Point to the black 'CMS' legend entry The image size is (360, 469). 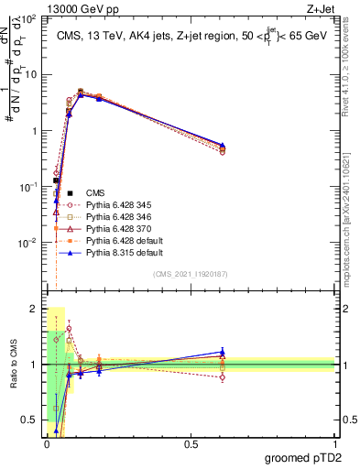pos(95,192)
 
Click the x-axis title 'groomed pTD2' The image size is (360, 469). pos(303,457)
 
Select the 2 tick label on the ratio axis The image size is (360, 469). pos(34,309)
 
